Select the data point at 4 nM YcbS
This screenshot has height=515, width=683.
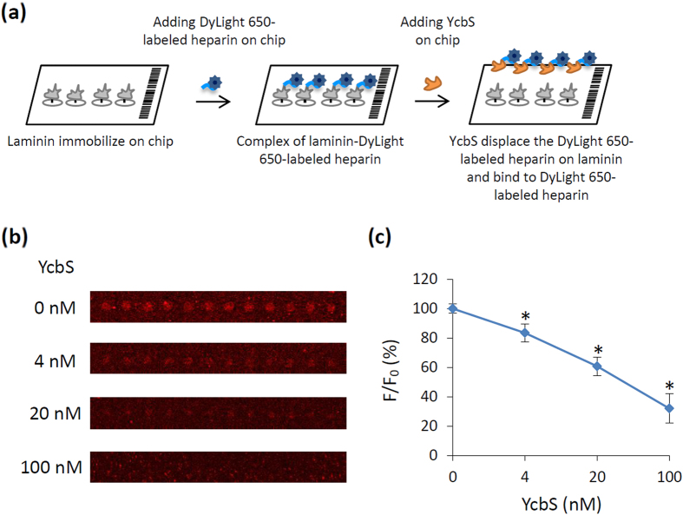tap(525, 333)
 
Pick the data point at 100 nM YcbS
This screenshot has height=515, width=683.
tap(669, 407)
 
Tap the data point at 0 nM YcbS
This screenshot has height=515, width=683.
tap(453, 308)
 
